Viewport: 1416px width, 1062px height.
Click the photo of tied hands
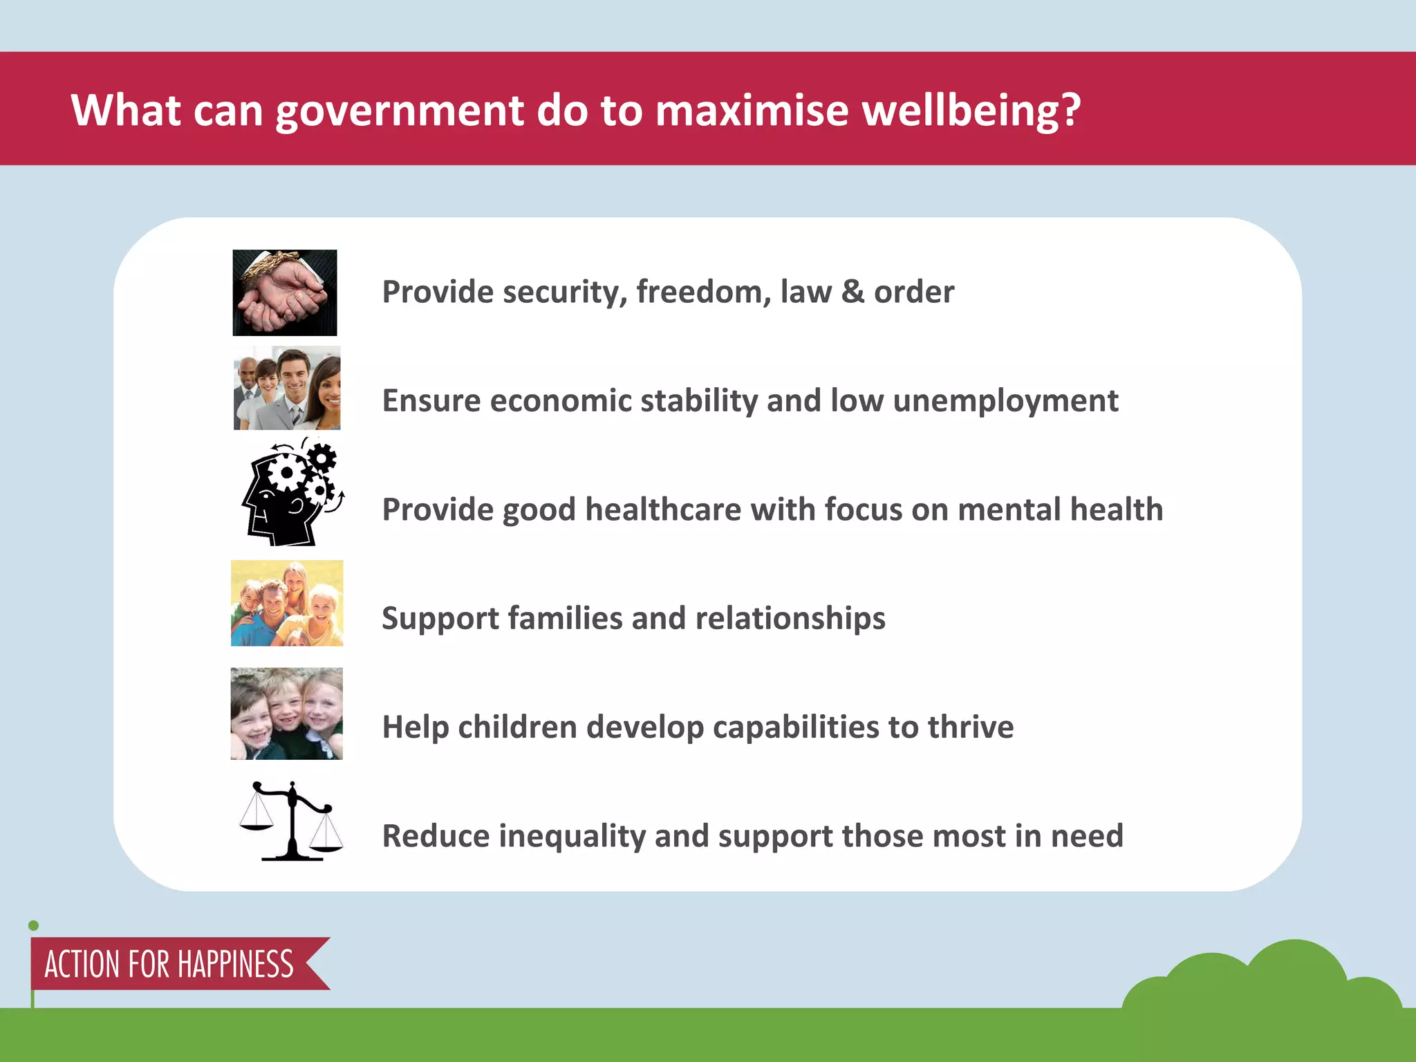(x=285, y=292)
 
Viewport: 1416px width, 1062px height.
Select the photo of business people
(x=287, y=388)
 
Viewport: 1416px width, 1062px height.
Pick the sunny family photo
(x=287, y=603)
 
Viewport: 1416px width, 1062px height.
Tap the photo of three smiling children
(x=286, y=714)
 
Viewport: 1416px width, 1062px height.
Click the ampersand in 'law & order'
(x=853, y=292)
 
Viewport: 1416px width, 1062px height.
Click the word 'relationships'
(x=790, y=618)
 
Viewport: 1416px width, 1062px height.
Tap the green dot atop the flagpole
(x=33, y=926)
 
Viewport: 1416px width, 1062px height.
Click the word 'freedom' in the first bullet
(x=703, y=292)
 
